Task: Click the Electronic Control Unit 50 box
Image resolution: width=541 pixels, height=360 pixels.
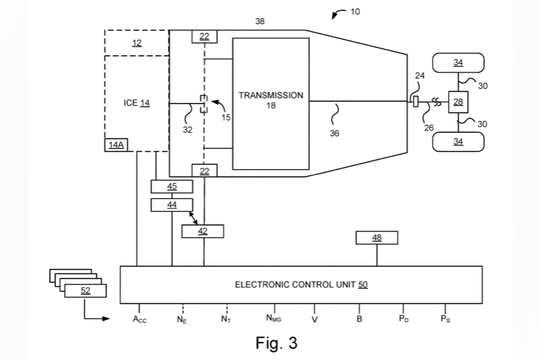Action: tap(301, 285)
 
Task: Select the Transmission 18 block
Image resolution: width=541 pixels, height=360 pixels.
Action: tap(271, 104)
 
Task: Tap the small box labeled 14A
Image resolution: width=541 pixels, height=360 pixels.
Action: tap(116, 145)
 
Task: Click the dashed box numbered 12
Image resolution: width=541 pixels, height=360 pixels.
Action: tap(137, 43)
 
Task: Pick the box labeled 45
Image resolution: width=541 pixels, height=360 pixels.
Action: tap(172, 187)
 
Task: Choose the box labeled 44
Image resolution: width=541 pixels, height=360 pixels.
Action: tap(172, 205)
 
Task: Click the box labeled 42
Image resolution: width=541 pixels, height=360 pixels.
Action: tap(203, 231)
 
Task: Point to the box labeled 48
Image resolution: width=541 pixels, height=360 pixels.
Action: tap(377, 237)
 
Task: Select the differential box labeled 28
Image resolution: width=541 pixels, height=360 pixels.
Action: tap(458, 102)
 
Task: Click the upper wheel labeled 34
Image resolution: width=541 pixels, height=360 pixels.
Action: tap(458, 62)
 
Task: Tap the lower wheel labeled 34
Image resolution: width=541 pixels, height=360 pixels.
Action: tap(458, 142)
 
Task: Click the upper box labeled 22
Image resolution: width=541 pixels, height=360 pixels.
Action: tap(205, 36)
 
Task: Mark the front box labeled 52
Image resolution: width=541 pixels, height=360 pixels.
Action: tap(86, 291)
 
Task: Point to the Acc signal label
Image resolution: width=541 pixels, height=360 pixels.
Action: tap(139, 319)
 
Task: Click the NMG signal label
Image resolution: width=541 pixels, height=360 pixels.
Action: tap(274, 319)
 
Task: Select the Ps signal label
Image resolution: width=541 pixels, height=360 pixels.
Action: tap(445, 319)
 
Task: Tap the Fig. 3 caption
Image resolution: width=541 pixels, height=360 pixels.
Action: tap(277, 343)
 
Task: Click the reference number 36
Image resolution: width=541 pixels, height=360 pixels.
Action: tap(334, 133)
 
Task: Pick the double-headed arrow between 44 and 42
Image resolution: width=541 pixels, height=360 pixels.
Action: tap(193, 218)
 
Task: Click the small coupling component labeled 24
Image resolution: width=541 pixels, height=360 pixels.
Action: tap(416, 102)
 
